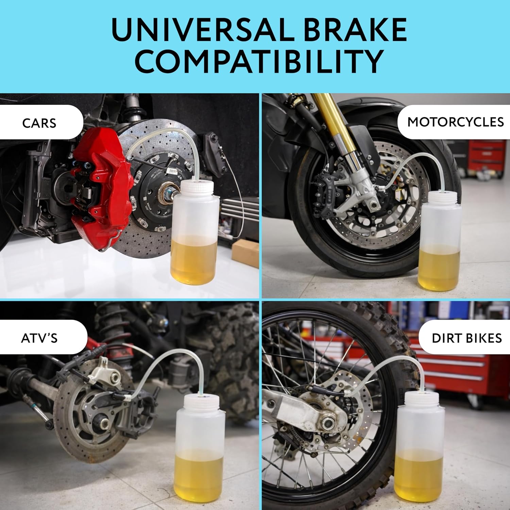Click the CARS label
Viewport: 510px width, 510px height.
[39, 123]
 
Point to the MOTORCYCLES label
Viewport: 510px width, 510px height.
[456, 122]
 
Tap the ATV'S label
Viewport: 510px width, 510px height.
[39, 338]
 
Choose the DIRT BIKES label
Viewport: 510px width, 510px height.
[466, 338]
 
